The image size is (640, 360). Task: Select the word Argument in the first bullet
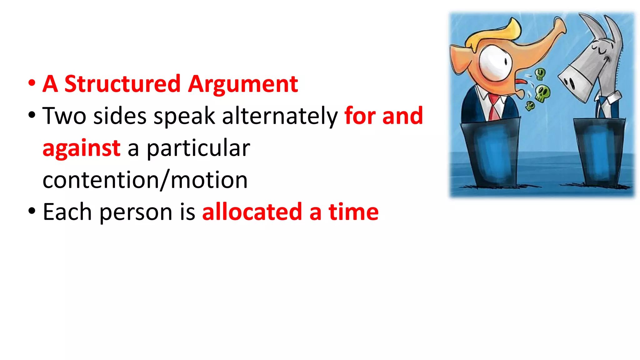pos(243,84)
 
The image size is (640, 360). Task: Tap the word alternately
pos(280,116)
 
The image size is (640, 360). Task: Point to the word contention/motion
pos(145,180)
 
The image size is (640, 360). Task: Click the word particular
pos(198,148)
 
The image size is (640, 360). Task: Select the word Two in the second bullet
pos(64,116)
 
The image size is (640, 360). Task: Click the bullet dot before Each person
pos(32,211)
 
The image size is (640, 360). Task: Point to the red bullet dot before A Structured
pos(32,83)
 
